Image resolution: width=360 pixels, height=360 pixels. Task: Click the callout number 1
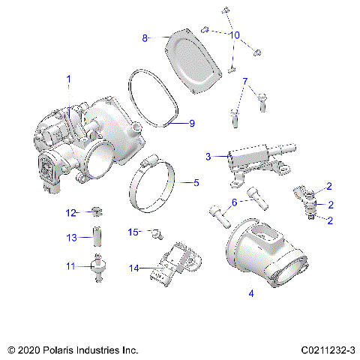click(x=69, y=78)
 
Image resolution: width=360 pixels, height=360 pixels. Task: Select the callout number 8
click(x=145, y=36)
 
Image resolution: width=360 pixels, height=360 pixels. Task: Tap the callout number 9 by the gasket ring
click(x=191, y=123)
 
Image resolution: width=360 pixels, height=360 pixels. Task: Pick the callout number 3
click(x=208, y=156)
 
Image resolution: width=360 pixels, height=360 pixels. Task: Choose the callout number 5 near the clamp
click(x=196, y=182)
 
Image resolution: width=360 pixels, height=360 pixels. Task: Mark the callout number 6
click(x=234, y=202)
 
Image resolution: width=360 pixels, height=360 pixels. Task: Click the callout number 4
click(x=250, y=294)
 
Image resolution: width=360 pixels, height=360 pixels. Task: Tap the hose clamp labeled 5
click(x=169, y=187)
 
